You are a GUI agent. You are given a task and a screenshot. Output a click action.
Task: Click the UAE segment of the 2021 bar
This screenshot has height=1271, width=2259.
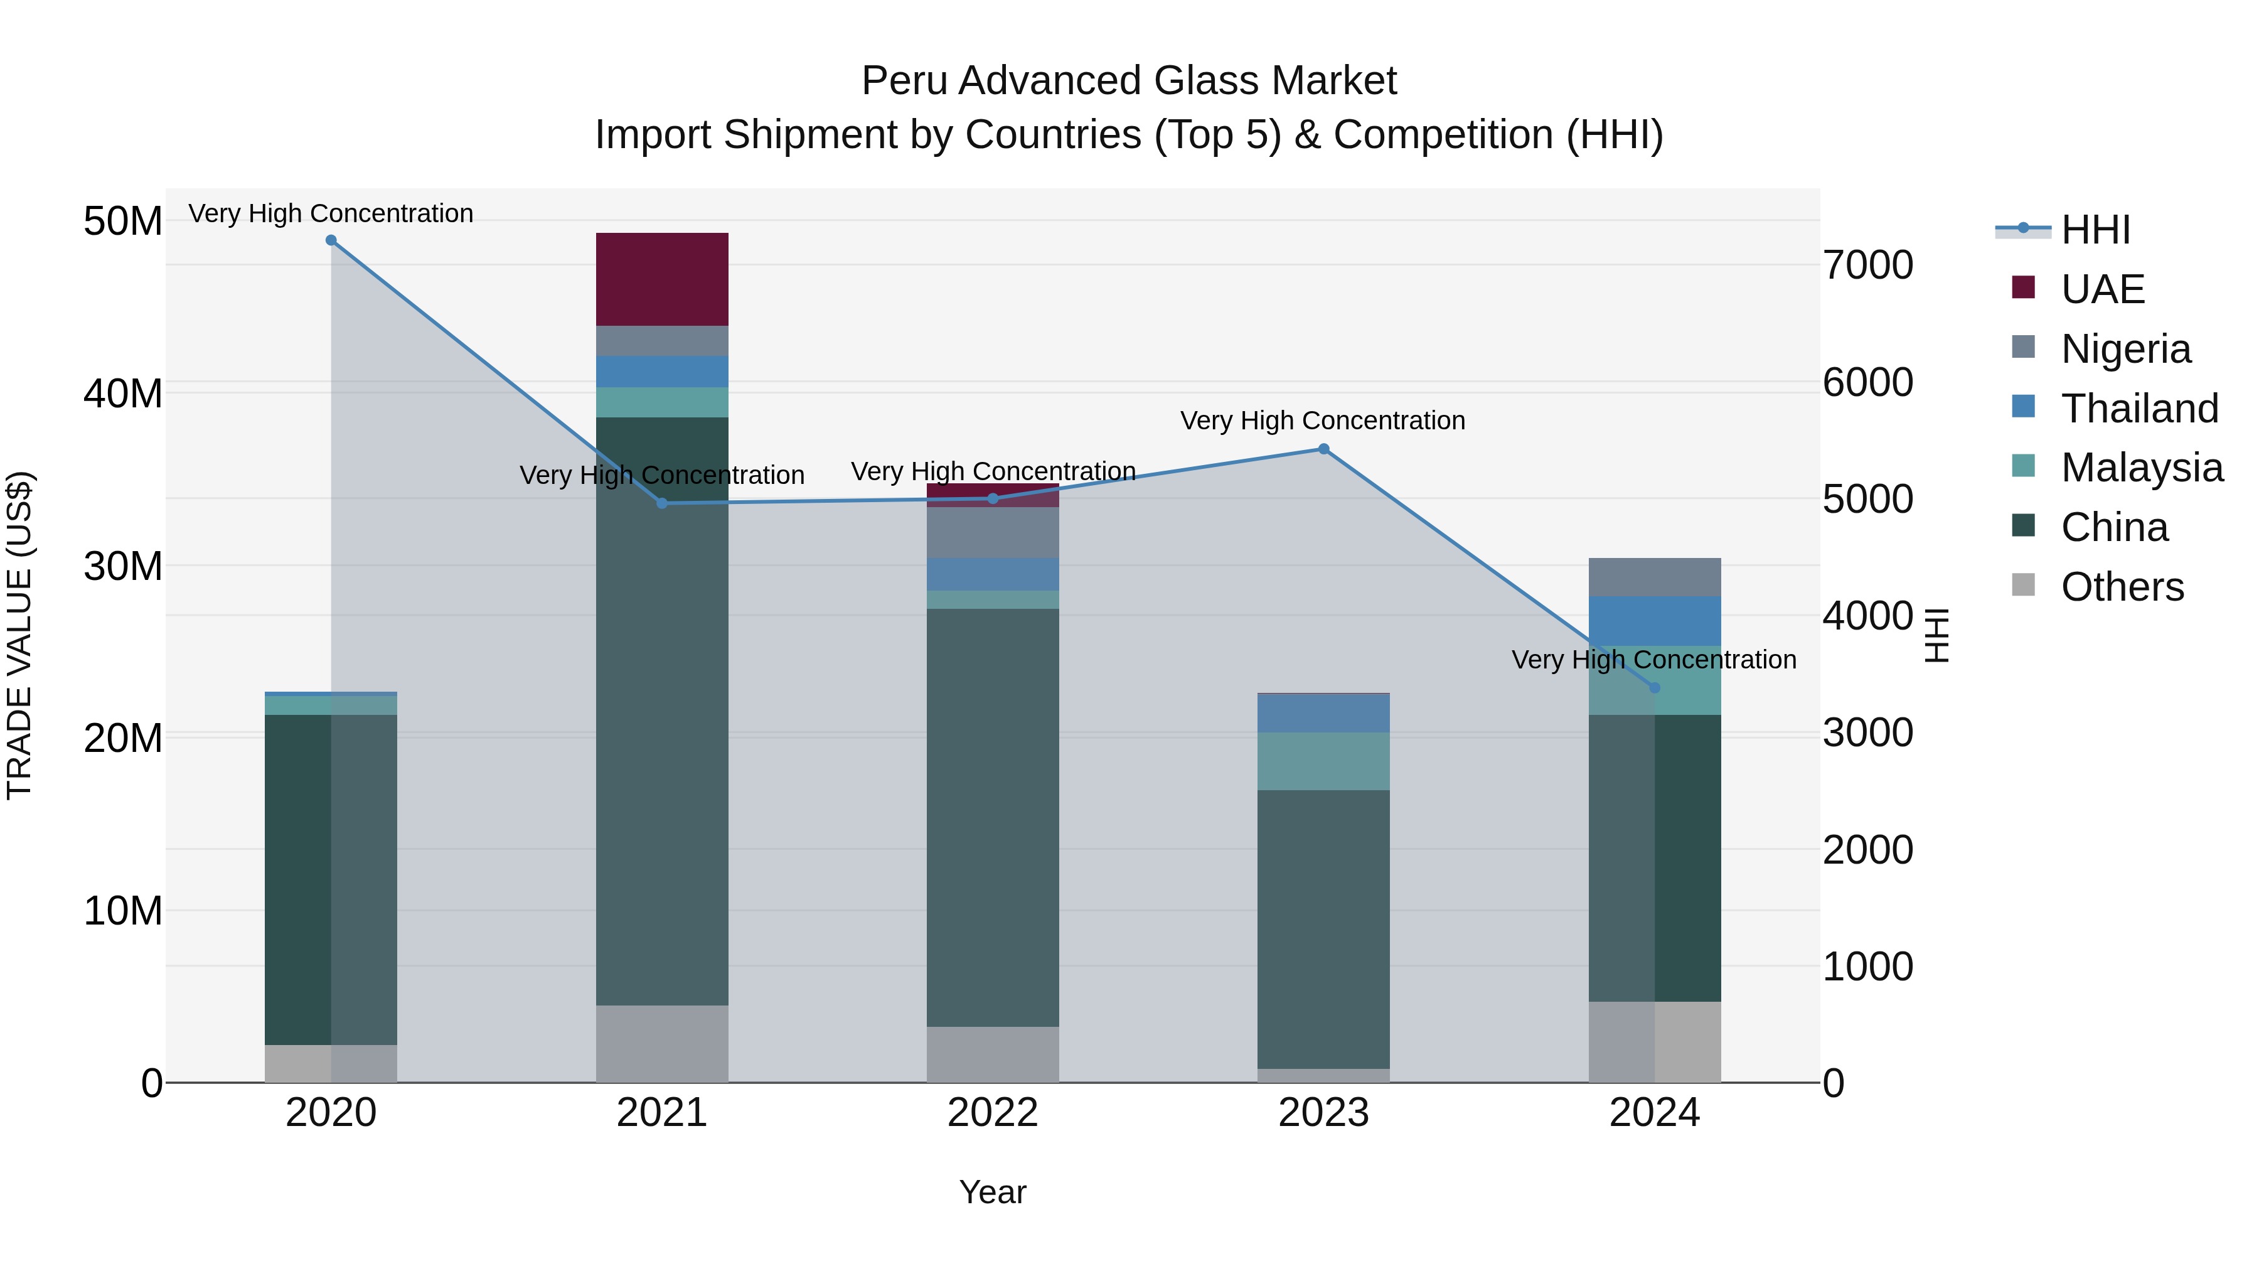pos(662,279)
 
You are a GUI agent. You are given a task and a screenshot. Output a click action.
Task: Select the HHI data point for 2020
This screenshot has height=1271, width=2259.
pos(331,240)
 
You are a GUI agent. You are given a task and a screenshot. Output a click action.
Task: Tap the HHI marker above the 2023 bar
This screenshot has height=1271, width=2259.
pos(1324,449)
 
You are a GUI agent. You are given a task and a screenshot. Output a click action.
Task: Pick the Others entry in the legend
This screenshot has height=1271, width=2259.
pos(2122,586)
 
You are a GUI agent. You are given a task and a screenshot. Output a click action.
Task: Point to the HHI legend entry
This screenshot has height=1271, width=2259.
pos(2095,229)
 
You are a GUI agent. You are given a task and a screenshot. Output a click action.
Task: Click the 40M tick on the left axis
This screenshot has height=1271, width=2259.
pos(123,393)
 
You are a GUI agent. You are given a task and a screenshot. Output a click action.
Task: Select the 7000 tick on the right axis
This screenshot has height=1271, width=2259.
pos(1868,265)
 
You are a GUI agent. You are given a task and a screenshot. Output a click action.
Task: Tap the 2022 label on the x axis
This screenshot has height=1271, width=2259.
pos(993,1112)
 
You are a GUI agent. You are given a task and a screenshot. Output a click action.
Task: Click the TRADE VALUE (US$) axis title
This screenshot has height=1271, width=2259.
pos(19,635)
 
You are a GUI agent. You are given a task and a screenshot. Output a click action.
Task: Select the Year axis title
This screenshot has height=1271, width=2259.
pos(993,1192)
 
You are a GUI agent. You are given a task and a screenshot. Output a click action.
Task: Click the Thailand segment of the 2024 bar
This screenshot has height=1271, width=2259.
pos(1655,621)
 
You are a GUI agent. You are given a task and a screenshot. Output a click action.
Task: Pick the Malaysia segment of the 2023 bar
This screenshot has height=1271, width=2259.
pos(1324,761)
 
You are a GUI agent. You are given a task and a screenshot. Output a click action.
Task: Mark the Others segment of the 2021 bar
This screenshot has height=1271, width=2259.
pos(662,1044)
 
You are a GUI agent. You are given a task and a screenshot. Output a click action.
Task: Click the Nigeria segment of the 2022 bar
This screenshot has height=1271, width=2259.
pos(993,532)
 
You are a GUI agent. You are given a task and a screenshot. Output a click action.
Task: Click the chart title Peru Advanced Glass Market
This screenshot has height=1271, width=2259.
pos(1129,81)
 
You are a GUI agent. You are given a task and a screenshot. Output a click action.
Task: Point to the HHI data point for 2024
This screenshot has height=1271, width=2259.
pos(1655,688)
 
